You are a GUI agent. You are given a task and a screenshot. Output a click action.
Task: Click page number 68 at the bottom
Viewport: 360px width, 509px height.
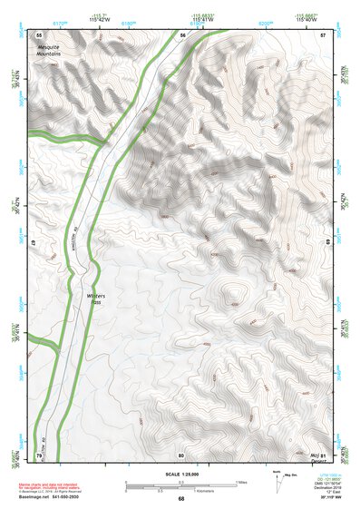(x=180, y=498)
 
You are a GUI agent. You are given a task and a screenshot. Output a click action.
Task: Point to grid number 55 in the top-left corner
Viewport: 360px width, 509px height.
(x=39, y=34)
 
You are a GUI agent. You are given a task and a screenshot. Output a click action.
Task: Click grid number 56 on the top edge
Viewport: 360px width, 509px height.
(x=182, y=34)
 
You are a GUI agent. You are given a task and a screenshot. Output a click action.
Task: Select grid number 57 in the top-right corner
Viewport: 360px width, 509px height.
(x=323, y=34)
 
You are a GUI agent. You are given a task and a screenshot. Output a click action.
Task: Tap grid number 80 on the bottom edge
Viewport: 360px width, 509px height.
(x=181, y=455)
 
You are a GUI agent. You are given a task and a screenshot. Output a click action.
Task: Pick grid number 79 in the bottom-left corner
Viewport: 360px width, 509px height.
(x=39, y=455)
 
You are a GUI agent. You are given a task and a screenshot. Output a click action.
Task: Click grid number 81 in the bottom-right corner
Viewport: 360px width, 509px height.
(x=323, y=455)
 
